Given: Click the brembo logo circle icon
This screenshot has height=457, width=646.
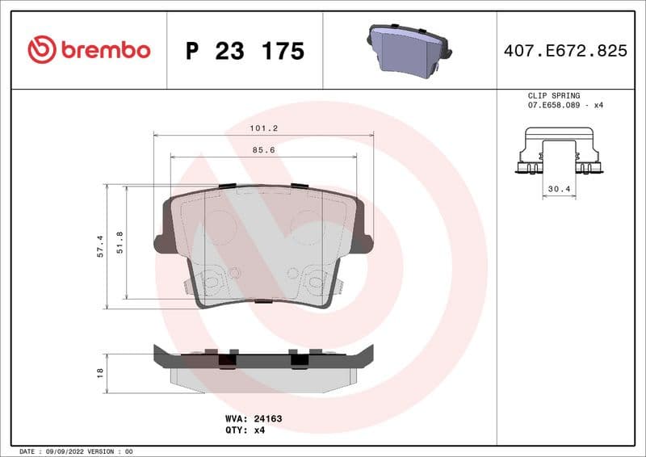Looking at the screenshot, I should tap(42, 50).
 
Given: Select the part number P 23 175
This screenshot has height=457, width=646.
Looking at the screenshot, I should tap(245, 51).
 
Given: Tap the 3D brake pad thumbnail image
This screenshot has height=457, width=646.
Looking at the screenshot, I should tap(409, 51).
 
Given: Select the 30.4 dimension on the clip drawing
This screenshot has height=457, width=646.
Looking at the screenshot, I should tap(560, 189).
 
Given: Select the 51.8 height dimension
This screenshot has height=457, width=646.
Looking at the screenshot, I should tap(120, 242).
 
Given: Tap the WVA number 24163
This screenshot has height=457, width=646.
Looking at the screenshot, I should tap(266, 419).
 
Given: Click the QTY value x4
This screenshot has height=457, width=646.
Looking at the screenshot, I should tap(259, 430).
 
